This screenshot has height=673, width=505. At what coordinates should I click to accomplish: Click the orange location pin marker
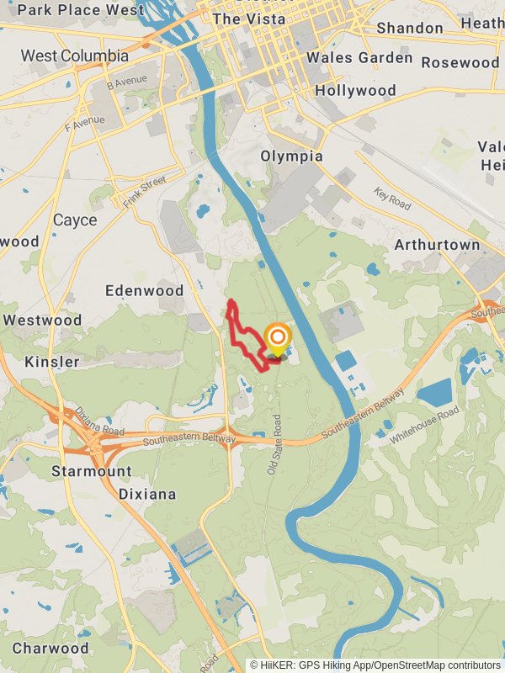pyautogui.click(x=277, y=340)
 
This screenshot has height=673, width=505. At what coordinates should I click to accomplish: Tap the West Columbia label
pyautogui.click(x=75, y=56)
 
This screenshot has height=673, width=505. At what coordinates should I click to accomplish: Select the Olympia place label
pyautogui.click(x=291, y=156)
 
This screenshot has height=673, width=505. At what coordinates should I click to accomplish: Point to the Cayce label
pyautogui.click(x=75, y=220)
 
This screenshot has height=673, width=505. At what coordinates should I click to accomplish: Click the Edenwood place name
pyautogui.click(x=144, y=290)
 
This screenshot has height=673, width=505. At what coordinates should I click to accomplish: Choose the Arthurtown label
pyautogui.click(x=437, y=245)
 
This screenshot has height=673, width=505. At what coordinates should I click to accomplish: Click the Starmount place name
pyautogui.click(x=91, y=471)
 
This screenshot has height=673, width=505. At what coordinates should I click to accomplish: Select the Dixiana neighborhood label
pyautogui.click(x=147, y=494)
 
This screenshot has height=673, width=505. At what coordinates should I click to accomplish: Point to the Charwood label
pyautogui.click(x=50, y=649)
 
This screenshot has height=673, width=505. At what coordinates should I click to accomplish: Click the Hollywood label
pyautogui.click(x=355, y=90)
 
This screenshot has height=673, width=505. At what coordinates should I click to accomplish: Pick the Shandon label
pyautogui.click(x=409, y=28)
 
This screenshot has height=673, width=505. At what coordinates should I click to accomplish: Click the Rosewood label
pyautogui.click(x=460, y=62)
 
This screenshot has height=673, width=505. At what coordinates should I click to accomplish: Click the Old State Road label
pyautogui.click(x=273, y=443)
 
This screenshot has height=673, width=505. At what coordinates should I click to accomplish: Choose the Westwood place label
pyautogui.click(x=42, y=321)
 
